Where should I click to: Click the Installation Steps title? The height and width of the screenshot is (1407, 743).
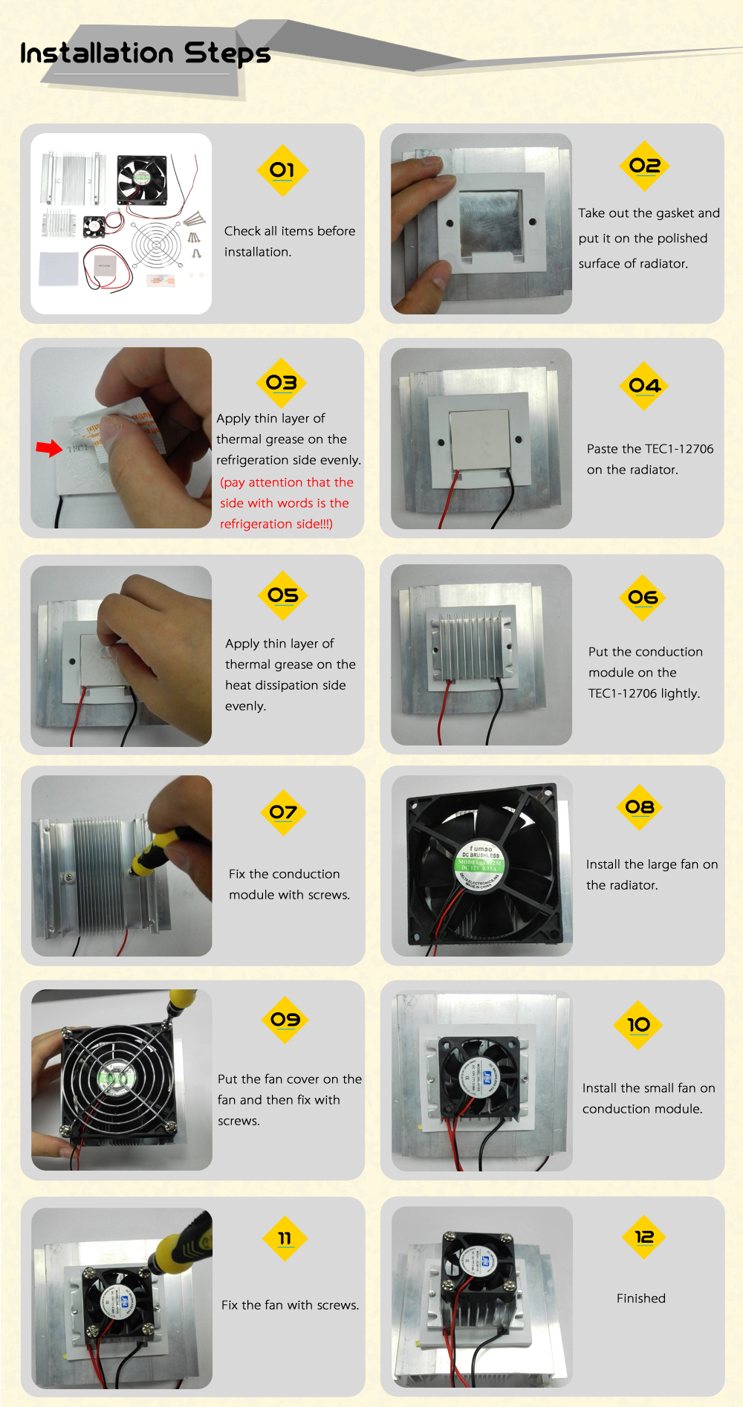click(x=145, y=54)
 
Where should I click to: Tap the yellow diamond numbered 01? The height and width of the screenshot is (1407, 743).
click(x=282, y=170)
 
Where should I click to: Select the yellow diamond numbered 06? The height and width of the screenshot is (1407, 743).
click(x=643, y=597)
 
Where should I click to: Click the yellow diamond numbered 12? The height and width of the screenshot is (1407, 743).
click(x=643, y=1237)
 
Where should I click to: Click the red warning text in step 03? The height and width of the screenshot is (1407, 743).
click(x=286, y=503)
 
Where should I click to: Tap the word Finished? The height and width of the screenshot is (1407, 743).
click(x=640, y=1298)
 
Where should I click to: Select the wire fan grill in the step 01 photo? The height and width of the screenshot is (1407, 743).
click(x=156, y=244)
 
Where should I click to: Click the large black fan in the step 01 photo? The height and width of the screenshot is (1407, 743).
click(x=141, y=179)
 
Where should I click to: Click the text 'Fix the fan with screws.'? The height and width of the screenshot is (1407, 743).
click(x=290, y=1305)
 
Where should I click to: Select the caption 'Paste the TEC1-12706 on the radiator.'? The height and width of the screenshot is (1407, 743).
click(x=649, y=459)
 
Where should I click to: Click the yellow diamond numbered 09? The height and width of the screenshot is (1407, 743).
click(x=285, y=1019)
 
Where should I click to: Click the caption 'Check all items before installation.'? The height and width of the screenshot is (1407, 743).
click(x=290, y=242)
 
